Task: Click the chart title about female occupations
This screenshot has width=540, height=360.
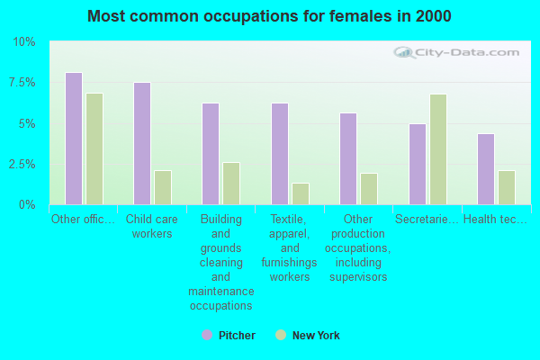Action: click(270, 16)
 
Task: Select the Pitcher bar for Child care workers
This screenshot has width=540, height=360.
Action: click(142, 143)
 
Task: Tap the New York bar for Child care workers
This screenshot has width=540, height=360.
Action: click(163, 187)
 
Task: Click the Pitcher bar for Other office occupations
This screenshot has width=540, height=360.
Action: click(74, 139)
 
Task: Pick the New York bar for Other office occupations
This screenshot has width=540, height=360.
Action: click(94, 148)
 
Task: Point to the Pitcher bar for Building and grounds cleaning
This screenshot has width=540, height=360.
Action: click(211, 154)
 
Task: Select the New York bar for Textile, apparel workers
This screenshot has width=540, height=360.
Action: click(301, 193)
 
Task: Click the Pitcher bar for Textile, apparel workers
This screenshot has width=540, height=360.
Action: click(280, 154)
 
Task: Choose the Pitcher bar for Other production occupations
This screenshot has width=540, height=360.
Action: click(348, 158)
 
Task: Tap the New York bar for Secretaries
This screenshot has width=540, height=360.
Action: click(438, 149)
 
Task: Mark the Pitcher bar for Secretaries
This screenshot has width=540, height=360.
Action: click(418, 164)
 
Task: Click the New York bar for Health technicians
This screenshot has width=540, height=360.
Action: click(507, 187)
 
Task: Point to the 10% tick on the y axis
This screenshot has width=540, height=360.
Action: click(24, 42)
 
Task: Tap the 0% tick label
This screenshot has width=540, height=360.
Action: click(27, 204)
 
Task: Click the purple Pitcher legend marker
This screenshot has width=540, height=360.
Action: click(207, 336)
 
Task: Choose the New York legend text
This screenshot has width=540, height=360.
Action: click(316, 336)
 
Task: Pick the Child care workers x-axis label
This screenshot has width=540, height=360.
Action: click(151, 226)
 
